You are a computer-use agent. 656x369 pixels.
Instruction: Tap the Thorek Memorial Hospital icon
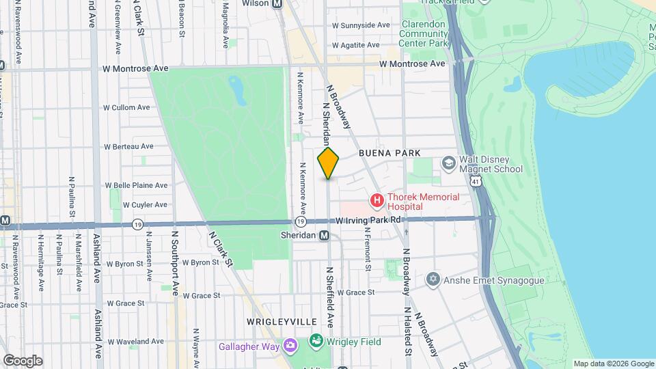coord(377,201)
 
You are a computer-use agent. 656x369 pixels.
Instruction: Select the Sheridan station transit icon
coord(325,235)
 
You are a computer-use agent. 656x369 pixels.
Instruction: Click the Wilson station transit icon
coord(277,3)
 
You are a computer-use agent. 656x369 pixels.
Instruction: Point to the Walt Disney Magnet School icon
coord(448,163)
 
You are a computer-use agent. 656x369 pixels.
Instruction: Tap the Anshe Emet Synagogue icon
coord(432,279)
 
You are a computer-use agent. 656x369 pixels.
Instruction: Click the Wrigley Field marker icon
coord(316,340)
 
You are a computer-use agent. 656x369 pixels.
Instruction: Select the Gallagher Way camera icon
coord(291,346)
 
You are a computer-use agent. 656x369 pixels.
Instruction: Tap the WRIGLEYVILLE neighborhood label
coord(277,321)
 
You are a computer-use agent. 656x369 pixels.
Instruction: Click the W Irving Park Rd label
coord(368,220)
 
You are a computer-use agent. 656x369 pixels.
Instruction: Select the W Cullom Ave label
coord(126,107)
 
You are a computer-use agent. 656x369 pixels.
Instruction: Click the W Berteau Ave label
coord(128,146)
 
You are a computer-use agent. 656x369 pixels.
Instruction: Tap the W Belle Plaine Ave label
coord(136,185)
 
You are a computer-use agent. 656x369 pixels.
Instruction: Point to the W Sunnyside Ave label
coord(361,25)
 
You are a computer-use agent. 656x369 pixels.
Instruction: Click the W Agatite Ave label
coord(355,45)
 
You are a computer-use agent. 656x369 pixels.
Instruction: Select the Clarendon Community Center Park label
coord(423,33)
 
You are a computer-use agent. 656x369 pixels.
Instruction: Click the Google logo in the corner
coord(23,360)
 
